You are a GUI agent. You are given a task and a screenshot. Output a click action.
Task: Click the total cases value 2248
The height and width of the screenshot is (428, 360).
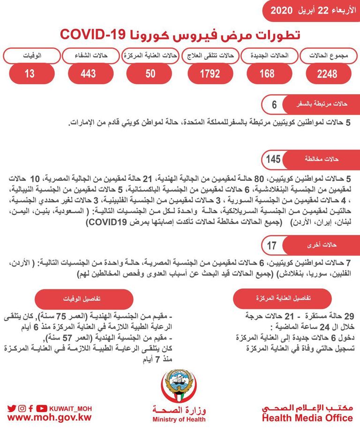[327, 74]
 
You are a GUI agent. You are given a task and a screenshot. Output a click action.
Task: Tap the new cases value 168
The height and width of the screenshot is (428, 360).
[267, 74]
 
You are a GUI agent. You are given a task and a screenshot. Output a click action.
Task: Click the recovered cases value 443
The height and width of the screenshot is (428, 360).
[88, 74]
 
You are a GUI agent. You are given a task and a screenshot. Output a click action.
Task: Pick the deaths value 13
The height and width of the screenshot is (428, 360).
[30, 74]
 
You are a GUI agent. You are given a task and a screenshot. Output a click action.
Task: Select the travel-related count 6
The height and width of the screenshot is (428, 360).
[274, 104]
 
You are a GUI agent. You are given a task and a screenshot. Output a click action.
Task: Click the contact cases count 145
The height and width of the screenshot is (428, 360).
[273, 159]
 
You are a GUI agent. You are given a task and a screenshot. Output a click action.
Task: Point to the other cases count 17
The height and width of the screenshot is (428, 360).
[272, 244]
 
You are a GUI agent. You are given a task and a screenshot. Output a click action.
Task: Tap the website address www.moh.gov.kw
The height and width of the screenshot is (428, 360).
[49, 417]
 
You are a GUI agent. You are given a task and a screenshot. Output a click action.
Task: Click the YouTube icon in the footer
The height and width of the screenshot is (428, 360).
[42, 408]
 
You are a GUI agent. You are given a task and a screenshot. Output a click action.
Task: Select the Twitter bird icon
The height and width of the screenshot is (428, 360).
[12, 408]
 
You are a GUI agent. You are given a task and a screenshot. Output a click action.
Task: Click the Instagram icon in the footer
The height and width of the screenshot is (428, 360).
[22, 408]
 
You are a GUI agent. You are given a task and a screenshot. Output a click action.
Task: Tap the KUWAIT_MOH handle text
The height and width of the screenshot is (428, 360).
[70, 408]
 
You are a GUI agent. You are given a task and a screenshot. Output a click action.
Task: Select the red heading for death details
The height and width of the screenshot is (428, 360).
[84, 298]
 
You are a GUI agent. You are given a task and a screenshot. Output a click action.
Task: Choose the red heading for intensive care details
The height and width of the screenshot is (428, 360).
[282, 298]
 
